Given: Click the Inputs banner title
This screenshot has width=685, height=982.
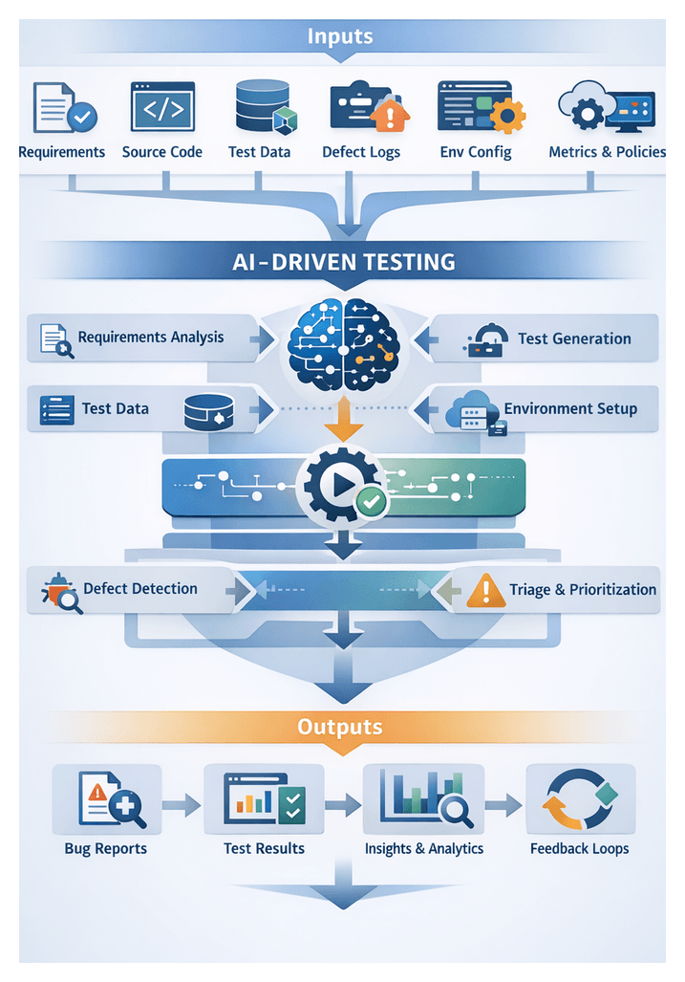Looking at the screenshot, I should coord(340,37).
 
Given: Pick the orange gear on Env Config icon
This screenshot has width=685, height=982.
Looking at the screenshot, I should coord(507,118).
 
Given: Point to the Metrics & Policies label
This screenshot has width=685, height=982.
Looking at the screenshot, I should coord(607,152).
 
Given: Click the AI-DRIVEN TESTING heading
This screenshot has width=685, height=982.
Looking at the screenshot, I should coord(343,261).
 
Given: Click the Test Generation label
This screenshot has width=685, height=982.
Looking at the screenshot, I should coord(574,338).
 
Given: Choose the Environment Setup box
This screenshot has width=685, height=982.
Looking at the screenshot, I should coord(545,409).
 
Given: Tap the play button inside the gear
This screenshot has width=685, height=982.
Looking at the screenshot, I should coord(341,486).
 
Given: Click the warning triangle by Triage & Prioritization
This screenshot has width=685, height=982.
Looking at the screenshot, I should coord(485,591).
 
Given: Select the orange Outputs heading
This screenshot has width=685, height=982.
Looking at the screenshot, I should coord(340,727).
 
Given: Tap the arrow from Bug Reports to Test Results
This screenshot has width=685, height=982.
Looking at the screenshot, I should coord(182,806).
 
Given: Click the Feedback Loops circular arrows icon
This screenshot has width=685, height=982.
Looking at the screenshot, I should coord(579,798).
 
